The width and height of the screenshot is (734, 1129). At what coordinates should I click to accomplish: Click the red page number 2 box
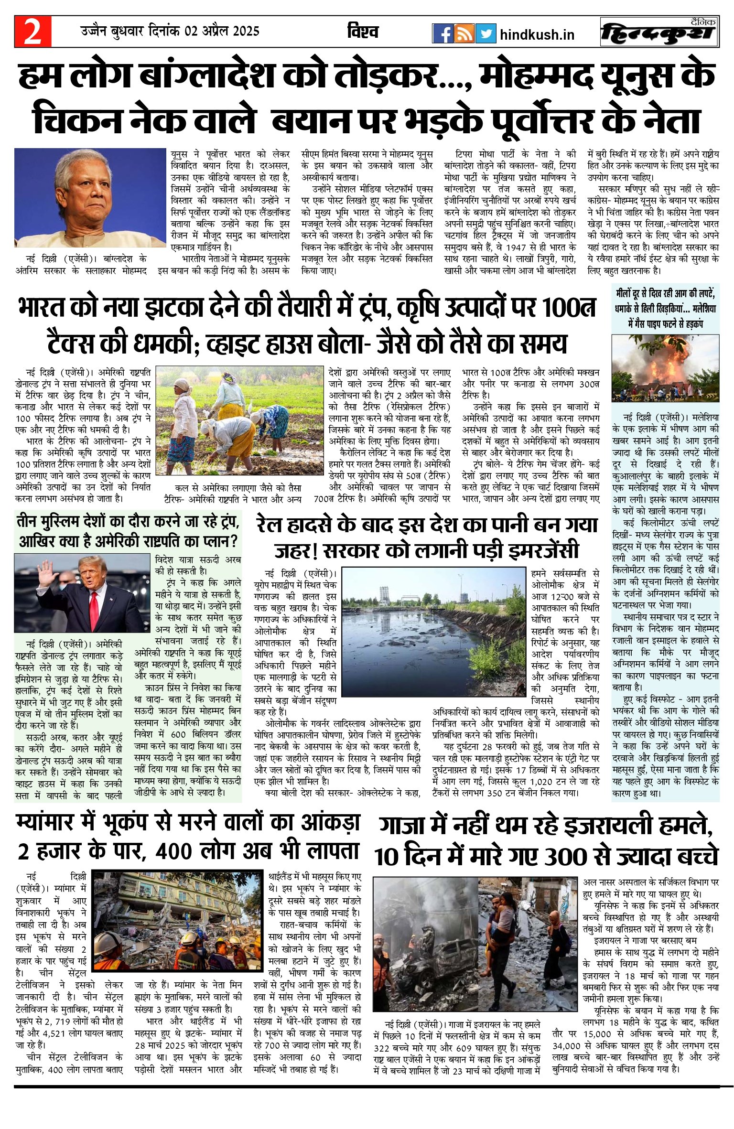pyautogui.click(x=33, y=32)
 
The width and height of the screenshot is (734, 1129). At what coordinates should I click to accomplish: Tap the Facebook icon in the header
pyautogui.click(x=442, y=33)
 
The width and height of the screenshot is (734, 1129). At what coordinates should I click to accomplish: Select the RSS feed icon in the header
pyautogui.click(x=464, y=33)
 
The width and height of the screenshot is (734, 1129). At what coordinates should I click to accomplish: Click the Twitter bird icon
pyautogui.click(x=486, y=33)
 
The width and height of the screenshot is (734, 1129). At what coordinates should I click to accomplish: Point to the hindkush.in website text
pyautogui.click(x=537, y=34)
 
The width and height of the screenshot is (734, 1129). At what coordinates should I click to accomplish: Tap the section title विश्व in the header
pyautogui.click(x=363, y=32)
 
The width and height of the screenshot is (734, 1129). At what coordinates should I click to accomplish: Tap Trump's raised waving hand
pyautogui.click(x=48, y=573)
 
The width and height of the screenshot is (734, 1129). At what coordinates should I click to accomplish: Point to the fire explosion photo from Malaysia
pyautogui.click(x=665, y=367)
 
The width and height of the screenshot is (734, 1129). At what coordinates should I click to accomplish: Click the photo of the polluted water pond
pyautogui.click(x=434, y=631)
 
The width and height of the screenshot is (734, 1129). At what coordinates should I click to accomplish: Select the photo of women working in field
pyautogui.click(x=240, y=420)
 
